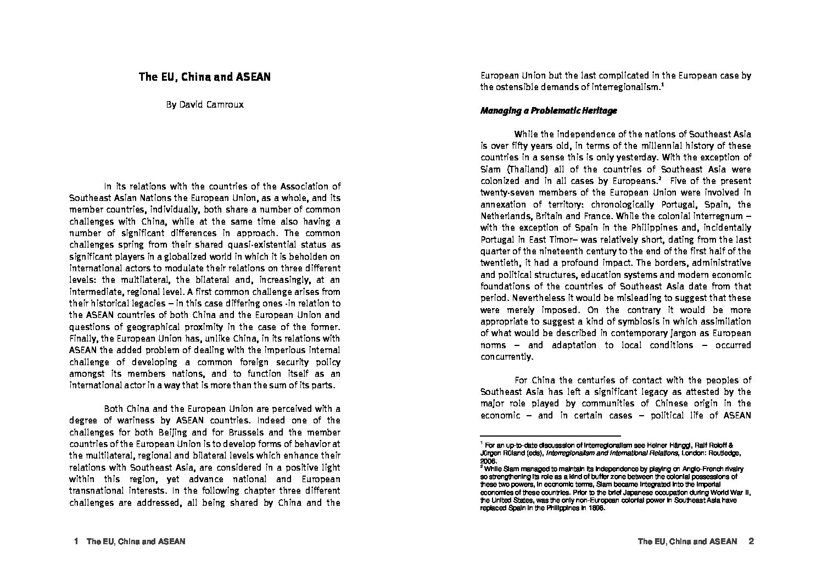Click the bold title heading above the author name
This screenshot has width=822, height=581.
click(204, 77)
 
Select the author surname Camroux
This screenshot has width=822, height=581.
click(225, 105)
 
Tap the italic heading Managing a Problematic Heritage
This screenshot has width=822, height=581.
click(549, 110)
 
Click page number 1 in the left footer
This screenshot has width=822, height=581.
click(76, 541)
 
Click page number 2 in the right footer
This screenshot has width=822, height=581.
click(751, 541)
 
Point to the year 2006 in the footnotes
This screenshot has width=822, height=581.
click(488, 462)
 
